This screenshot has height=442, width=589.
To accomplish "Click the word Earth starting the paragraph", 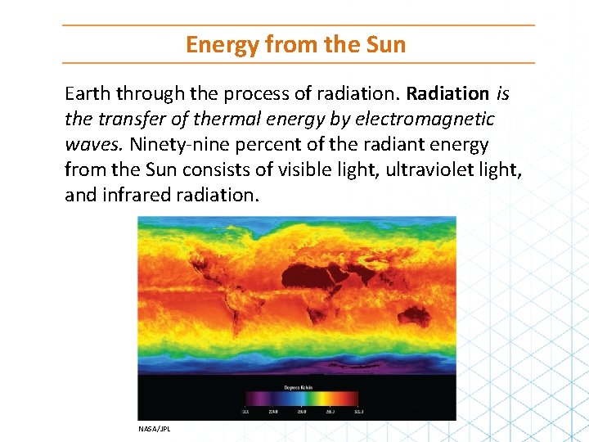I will click(88, 93).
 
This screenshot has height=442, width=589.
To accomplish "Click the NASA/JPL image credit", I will click(155, 428).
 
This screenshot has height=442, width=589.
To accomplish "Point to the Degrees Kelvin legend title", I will click(298, 387).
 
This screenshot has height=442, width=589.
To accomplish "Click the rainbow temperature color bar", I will click(302, 398).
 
